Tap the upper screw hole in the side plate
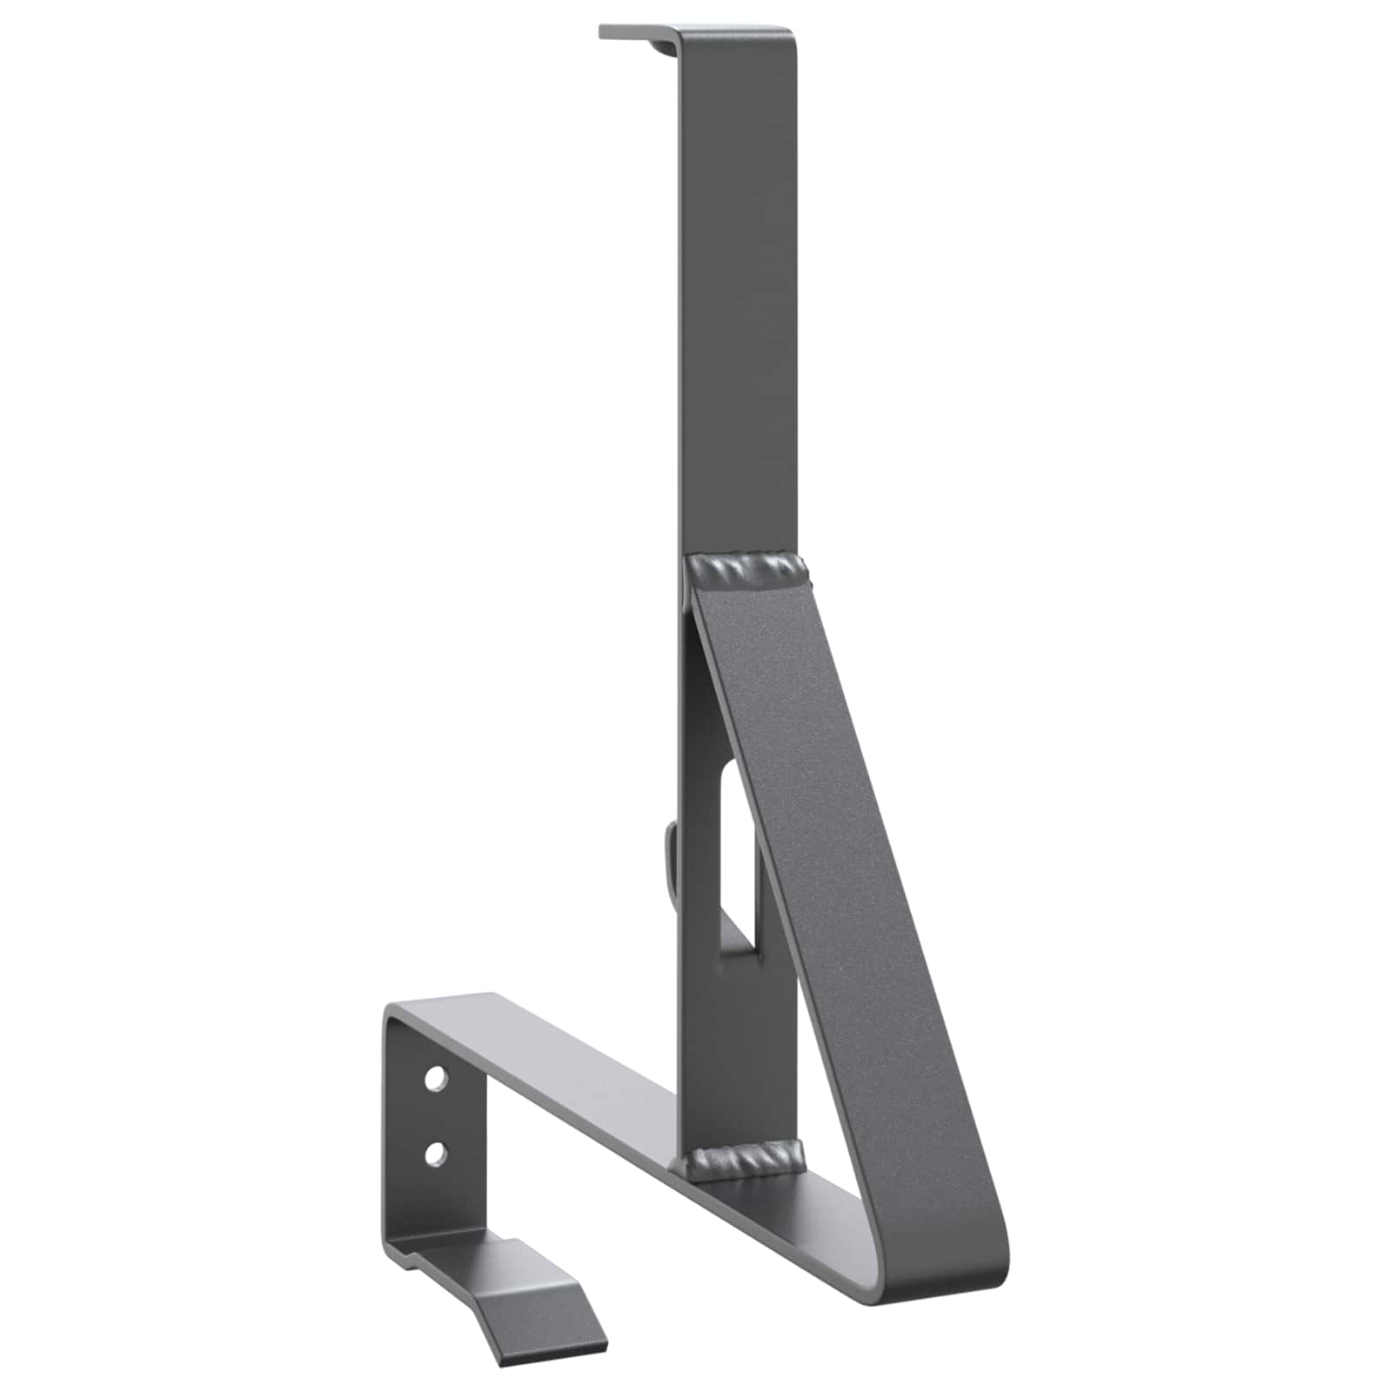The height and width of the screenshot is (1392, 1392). [x=433, y=1079]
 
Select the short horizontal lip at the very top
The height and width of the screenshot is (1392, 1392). [x=631, y=32]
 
